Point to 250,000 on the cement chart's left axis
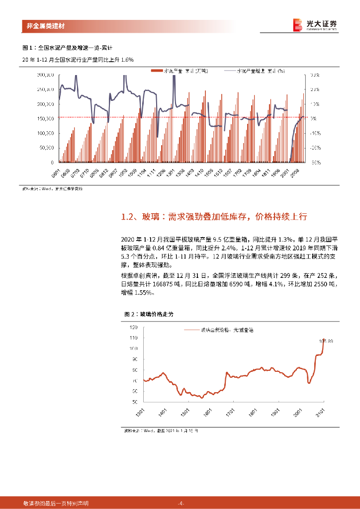[x=45, y=90]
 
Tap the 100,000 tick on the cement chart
[x=45, y=134]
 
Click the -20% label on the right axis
[x=314, y=148]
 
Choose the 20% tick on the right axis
[x=314, y=90]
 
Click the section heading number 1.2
[x=128, y=217]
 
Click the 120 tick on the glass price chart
[x=133, y=328]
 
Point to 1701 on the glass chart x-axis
[x=230, y=413]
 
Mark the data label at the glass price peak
[x=326, y=341]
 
